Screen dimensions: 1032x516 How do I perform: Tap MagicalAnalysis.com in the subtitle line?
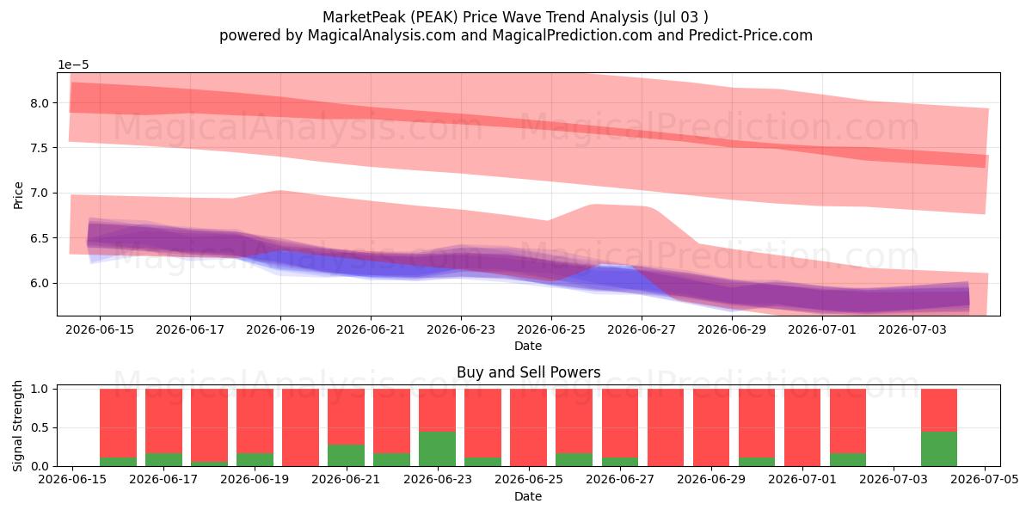coord(382,35)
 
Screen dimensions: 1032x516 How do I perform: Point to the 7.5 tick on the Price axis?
coord(40,148)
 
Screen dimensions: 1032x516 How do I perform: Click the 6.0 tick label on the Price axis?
coord(40,283)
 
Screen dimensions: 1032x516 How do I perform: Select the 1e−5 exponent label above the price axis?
coord(73,65)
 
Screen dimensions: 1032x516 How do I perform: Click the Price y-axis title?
coord(18,195)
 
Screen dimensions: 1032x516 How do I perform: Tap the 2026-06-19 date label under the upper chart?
coord(280,330)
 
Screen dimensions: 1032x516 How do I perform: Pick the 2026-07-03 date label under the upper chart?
coord(912,330)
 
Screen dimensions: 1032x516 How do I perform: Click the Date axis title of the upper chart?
coord(528,346)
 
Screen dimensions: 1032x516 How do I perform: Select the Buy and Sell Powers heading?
coord(528,372)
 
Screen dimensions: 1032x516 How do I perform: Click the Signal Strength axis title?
coord(17,427)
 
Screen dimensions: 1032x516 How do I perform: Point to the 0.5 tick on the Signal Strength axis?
coord(40,428)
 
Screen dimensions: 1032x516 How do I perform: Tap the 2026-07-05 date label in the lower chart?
coord(985,480)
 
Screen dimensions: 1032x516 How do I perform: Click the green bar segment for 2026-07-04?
coord(939,449)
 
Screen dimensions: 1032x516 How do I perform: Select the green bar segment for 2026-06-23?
coord(437,449)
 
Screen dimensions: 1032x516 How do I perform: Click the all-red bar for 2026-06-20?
coord(300,427)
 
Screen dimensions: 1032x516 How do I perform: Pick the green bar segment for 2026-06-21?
coord(346,455)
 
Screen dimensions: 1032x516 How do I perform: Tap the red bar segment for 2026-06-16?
coord(119,423)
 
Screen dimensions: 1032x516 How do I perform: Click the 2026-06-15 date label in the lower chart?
coord(72,480)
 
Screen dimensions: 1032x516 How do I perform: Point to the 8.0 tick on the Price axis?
coord(40,103)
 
